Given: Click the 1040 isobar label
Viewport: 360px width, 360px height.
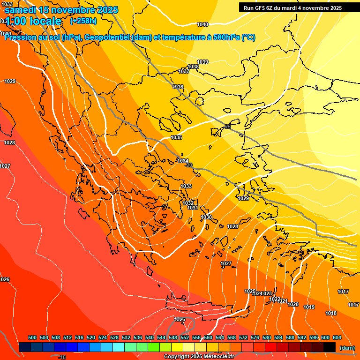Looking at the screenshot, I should [x=202, y=24].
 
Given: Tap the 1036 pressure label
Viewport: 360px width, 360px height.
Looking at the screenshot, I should [x=178, y=87].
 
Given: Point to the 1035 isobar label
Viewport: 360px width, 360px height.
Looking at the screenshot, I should [x=176, y=137].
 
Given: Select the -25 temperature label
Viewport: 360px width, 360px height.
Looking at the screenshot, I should [x=228, y=127].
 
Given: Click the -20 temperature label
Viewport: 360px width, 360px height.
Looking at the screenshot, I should [x=189, y=165].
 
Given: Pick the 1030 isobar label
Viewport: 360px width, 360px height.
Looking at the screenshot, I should [x=206, y=217].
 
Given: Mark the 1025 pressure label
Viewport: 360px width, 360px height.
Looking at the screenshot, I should [x=250, y=291].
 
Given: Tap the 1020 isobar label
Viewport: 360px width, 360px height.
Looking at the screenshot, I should [x=293, y=304].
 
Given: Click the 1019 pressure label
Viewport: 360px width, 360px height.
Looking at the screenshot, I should [x=309, y=307].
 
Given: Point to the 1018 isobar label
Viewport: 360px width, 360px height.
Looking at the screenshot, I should [x=331, y=313].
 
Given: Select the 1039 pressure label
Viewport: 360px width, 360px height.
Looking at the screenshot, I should [x=202, y=62].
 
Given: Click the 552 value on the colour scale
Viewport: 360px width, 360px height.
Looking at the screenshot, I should [x=185, y=337].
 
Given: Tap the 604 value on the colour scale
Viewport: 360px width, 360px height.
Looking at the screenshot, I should [x=337, y=337].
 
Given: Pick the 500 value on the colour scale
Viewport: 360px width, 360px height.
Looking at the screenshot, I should [x=32, y=337].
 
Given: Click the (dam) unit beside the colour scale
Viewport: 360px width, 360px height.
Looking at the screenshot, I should [x=347, y=347].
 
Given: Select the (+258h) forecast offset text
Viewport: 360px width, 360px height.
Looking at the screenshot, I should [x=83, y=21].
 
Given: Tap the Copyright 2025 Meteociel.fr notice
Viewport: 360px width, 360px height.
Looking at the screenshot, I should [x=199, y=357].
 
